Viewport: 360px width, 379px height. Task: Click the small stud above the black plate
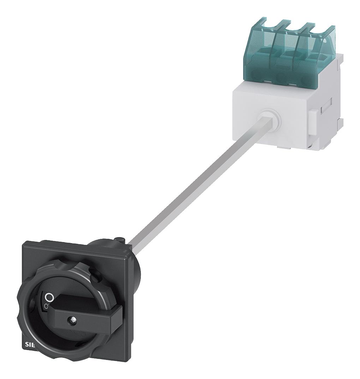click(119, 240)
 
